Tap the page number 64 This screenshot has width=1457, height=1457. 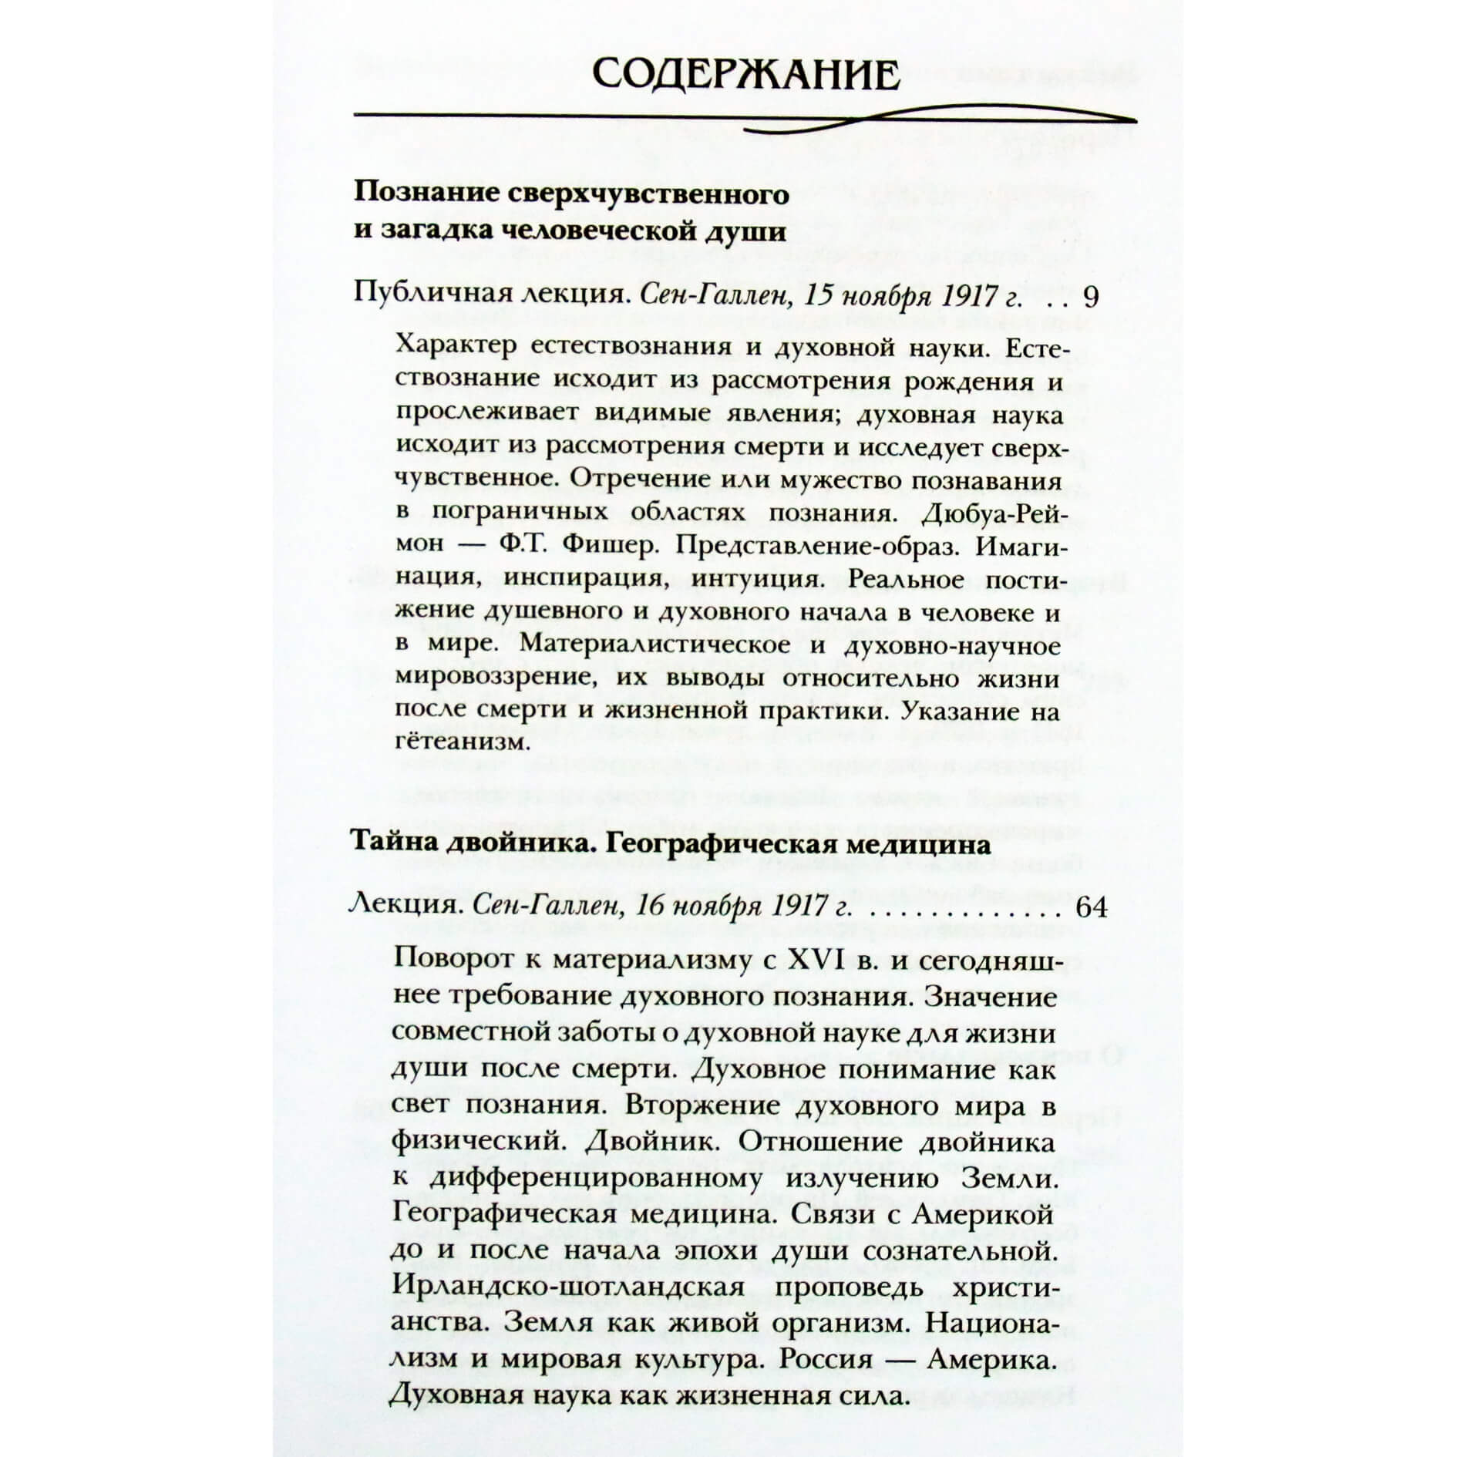pyautogui.click(x=1089, y=907)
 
